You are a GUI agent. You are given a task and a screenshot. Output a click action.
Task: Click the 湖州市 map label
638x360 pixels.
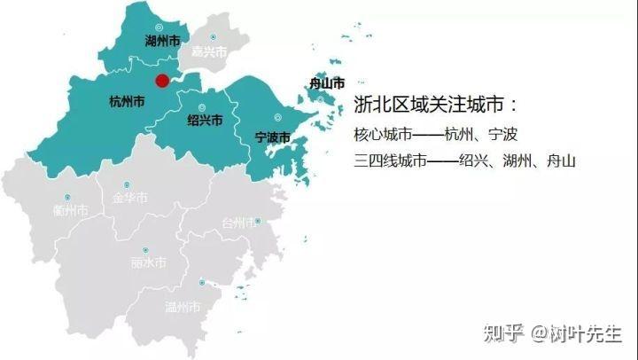162,41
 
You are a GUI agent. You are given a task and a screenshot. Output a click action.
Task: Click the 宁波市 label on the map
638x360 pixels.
272,137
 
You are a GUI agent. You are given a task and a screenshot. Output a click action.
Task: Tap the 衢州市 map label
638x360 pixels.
70,211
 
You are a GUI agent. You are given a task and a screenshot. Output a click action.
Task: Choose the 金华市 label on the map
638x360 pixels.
129,199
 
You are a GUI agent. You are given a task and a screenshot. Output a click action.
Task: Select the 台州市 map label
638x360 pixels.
239,223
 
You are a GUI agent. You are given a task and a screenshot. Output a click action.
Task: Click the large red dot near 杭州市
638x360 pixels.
162,81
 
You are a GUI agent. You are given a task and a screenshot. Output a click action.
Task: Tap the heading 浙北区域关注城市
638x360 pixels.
434,105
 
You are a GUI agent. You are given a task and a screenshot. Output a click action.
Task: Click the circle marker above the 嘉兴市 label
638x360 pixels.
213,37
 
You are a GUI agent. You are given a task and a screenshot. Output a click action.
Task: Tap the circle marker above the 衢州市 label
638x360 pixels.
66,197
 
